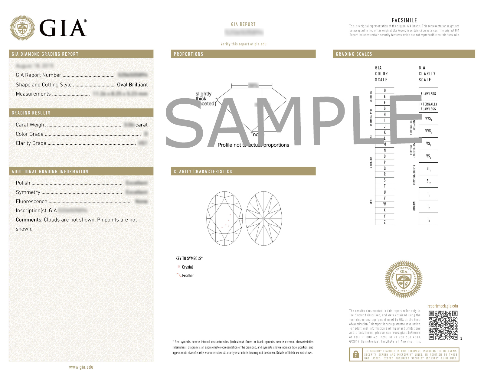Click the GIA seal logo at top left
point(22,28)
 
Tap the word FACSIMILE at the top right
point(404,20)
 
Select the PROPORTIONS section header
point(188,54)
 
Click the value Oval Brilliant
point(132,85)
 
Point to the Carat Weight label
point(31,125)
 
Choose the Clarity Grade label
point(31,143)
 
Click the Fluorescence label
point(31,201)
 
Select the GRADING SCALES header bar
point(404,54)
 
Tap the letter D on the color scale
point(385,90)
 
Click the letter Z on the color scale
point(385,222)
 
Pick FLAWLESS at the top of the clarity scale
point(428,94)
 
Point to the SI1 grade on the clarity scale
point(428,169)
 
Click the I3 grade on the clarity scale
point(428,219)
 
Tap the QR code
point(443,325)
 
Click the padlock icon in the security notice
point(356,354)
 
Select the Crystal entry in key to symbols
point(187,267)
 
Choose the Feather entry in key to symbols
point(188,276)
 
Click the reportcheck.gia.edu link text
point(443,306)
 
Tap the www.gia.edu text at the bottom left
point(81,367)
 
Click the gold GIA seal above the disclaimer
point(404,279)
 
